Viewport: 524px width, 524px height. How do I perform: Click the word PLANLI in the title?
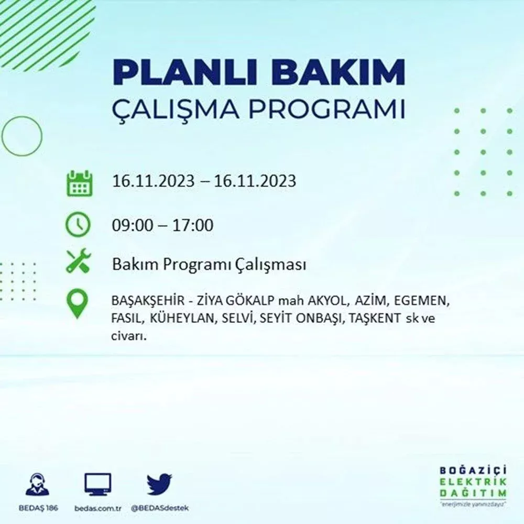[185, 72]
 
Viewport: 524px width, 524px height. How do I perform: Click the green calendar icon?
[80, 183]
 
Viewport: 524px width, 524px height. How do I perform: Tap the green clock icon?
[78, 224]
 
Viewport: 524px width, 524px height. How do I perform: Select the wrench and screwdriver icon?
[79, 260]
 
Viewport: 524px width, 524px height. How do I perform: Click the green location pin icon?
[77, 304]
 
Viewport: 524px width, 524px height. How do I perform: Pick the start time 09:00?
[133, 225]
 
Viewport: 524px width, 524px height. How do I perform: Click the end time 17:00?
[192, 225]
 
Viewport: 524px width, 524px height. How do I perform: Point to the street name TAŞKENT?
[374, 318]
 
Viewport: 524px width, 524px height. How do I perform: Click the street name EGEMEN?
[421, 301]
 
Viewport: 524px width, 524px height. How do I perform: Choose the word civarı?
[129, 336]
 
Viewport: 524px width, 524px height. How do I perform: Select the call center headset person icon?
[37, 484]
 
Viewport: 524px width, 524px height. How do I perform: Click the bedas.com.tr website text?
[98, 508]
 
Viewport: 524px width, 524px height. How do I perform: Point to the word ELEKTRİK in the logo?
[473, 482]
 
